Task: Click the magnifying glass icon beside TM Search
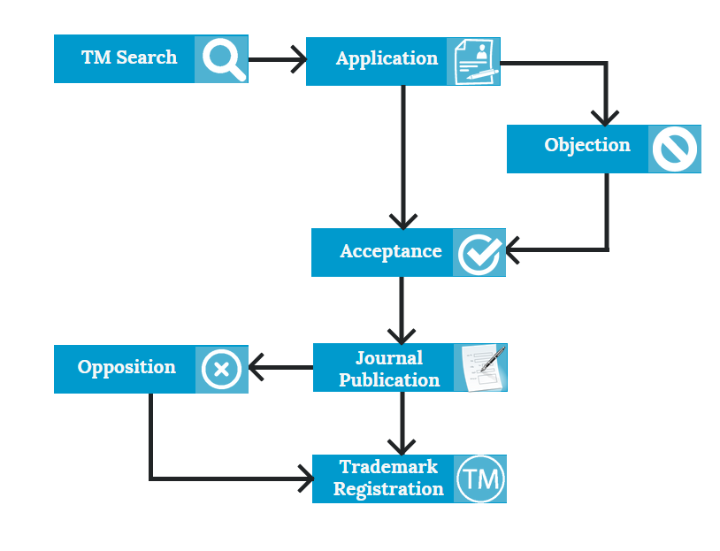222,59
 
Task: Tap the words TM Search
129,57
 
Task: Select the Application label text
387,58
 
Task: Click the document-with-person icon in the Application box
473,62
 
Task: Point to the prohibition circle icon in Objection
675,149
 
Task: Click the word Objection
587,145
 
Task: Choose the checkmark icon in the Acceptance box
479,254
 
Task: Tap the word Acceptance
390,251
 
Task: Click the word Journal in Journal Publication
389,357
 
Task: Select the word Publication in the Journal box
389,379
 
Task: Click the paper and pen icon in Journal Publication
481,368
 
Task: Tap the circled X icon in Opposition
221,369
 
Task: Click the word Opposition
126,367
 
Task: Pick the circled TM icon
480,480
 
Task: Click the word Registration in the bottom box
388,489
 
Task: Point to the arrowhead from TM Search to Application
299,60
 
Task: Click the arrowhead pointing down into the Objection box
605,118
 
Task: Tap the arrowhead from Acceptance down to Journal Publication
402,336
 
